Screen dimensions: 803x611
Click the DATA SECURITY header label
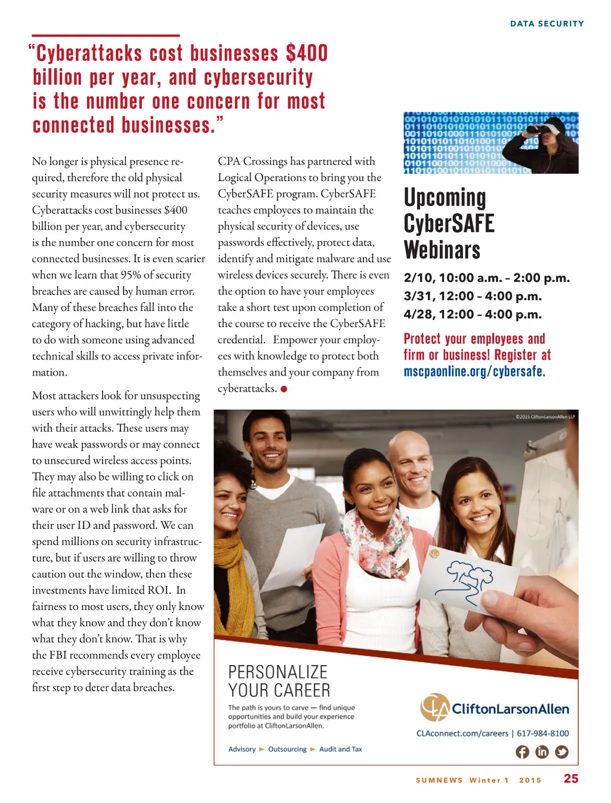(547, 24)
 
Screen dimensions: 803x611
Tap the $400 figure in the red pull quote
(307, 53)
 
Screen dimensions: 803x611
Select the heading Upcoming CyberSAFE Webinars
(449, 223)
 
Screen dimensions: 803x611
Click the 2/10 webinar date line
(486, 278)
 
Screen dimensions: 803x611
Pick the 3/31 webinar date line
(473, 296)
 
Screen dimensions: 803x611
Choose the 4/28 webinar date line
(473, 315)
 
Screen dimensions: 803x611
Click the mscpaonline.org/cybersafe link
(474, 371)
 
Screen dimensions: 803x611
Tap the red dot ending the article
(284, 389)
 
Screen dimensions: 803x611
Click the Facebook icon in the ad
(522, 752)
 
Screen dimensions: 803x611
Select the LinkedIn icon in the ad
(542, 752)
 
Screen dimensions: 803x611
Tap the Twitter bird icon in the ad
(561, 752)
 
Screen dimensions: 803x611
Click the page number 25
(571, 779)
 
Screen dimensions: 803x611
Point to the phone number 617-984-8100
(543, 733)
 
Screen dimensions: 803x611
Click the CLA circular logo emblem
(434, 707)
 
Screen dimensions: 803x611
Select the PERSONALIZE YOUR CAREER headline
(279, 681)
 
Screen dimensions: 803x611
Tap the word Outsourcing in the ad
(287, 749)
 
